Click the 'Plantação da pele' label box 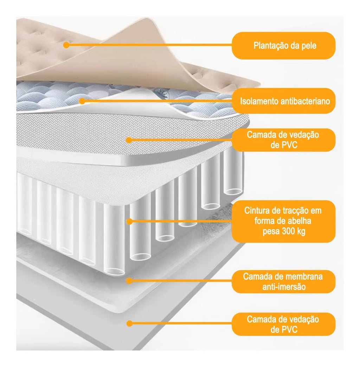(283, 46)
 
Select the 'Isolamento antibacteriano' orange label (283, 101)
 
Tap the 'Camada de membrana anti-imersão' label (283, 282)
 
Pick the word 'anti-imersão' (284, 287)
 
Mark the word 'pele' (309, 46)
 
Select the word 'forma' (263, 221)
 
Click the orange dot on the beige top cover (66, 45)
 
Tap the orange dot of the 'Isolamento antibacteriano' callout (82, 101)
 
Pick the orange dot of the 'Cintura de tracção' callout (129, 221)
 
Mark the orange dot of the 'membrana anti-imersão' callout (129, 281)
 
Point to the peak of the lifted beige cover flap (147, 18)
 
